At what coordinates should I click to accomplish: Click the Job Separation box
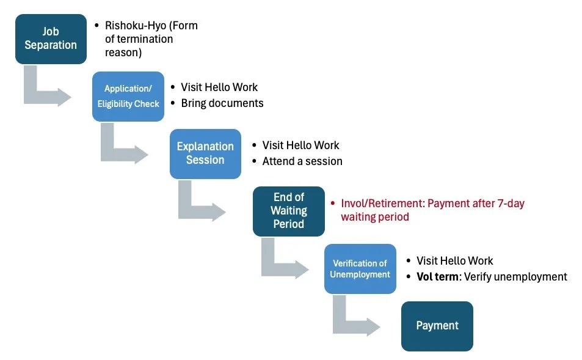pos(51,39)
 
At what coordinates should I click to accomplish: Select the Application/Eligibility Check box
pos(128,97)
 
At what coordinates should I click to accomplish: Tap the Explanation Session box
pos(205,153)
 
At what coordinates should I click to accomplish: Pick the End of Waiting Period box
pos(288,211)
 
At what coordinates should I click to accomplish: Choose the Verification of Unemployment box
pos(360,268)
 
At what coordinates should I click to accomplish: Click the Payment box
pos(437,326)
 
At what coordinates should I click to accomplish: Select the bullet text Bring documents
pos(222,103)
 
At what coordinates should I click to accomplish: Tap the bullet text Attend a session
pos(302,161)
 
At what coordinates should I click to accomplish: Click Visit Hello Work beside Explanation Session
pos(300,145)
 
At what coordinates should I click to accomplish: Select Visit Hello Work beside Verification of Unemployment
pos(454,261)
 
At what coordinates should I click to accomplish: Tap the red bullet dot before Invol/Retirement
pos(333,204)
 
